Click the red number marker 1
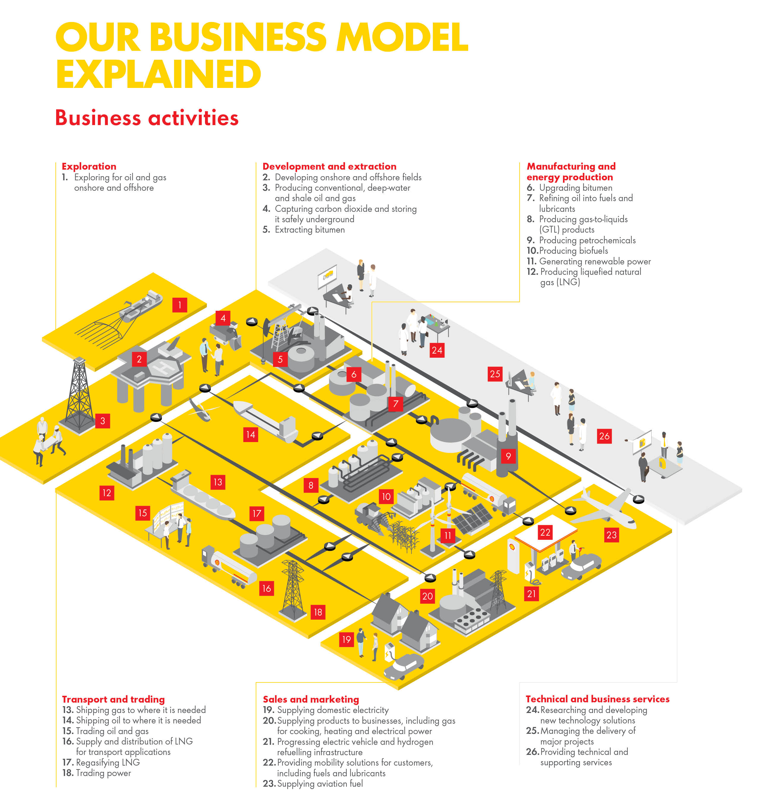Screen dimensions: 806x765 pyautogui.click(x=179, y=305)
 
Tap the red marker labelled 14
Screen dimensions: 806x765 pyautogui.click(x=250, y=435)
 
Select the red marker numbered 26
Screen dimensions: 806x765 pyautogui.click(x=604, y=436)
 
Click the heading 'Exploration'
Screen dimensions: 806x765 pyautogui.click(x=89, y=166)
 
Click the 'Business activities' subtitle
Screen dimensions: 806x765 pyautogui.click(x=147, y=118)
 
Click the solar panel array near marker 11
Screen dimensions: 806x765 pyautogui.click(x=473, y=519)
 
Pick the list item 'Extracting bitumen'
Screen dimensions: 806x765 pyautogui.click(x=310, y=230)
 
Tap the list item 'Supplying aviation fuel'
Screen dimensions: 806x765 pyautogui.click(x=320, y=784)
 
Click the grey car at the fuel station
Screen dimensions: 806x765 pyautogui.click(x=581, y=567)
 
